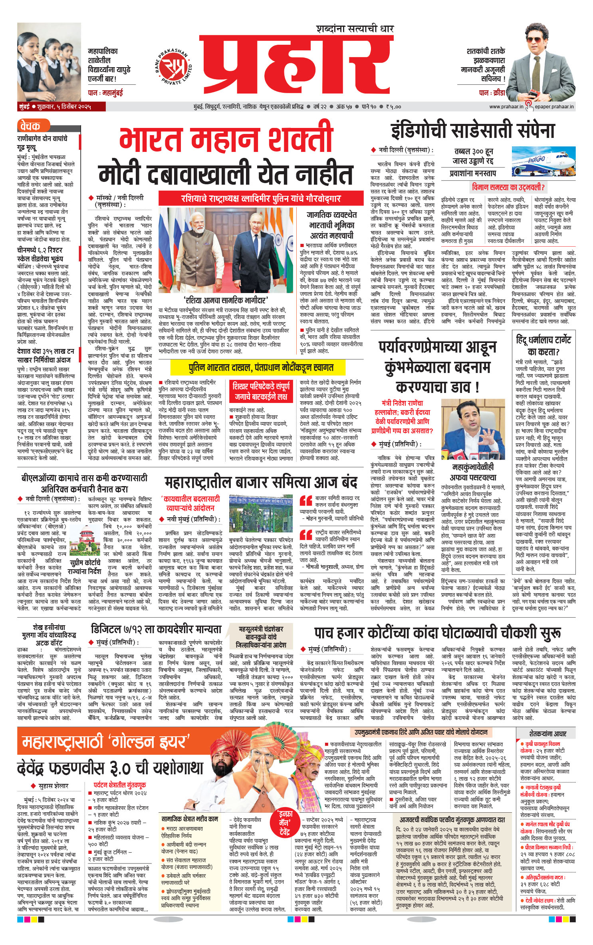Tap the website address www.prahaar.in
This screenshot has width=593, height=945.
coord(506,107)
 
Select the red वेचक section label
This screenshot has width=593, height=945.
coord(30,126)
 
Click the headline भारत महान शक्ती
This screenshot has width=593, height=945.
coord(226,138)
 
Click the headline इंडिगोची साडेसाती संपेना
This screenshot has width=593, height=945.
coord(473,131)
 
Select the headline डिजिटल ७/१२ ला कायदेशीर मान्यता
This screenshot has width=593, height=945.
coord(156,629)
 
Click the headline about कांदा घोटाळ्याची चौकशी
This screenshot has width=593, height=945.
coord(437,632)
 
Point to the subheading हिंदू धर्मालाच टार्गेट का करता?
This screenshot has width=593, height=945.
coord(543,346)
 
